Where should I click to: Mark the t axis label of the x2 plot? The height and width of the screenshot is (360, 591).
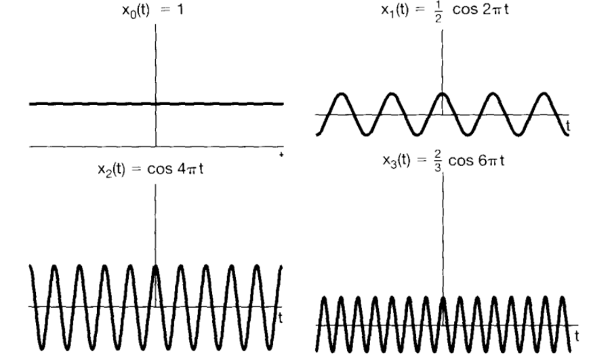pyautogui.click(x=281, y=315)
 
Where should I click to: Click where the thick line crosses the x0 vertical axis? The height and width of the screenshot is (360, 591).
pyautogui.click(x=157, y=104)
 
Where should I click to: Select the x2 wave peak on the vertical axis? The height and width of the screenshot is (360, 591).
pyautogui.click(x=157, y=266)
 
